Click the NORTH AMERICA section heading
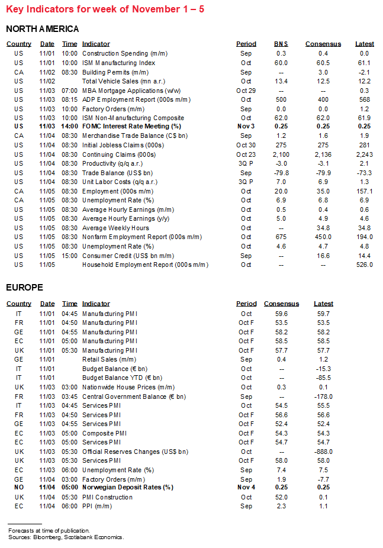(42, 28)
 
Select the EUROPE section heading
(24, 287)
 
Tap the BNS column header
(281, 44)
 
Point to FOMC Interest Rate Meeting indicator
(131, 127)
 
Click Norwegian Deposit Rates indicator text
(128, 488)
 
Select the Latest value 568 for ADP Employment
(364, 99)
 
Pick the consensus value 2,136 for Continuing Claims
(323, 154)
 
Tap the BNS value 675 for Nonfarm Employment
(281, 237)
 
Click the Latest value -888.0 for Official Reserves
(323, 452)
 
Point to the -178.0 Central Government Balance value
(323, 397)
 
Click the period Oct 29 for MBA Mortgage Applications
(246, 91)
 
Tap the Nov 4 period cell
(246, 488)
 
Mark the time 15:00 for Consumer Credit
(69, 256)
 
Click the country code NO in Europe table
(19, 488)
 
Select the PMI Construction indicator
(108, 497)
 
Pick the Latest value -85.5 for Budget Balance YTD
(323, 378)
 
